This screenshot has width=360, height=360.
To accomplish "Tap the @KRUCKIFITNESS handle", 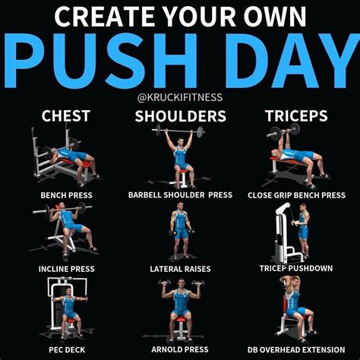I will (180, 98).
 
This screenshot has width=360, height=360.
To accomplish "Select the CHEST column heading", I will (65, 116).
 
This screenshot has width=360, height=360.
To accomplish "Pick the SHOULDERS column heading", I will (180, 116).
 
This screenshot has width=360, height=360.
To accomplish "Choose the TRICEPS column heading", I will (296, 116).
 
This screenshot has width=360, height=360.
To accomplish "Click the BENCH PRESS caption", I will (65, 195).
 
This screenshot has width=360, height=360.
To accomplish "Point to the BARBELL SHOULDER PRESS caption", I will (180, 195).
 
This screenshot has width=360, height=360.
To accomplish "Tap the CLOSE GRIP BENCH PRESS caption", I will (296, 195).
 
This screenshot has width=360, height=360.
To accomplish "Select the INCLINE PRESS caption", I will (65, 269).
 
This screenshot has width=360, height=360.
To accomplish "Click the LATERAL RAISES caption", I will (180, 269).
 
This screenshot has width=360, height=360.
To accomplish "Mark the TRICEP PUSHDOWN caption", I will (296, 269).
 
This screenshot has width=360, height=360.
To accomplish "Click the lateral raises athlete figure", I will (181, 232).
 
